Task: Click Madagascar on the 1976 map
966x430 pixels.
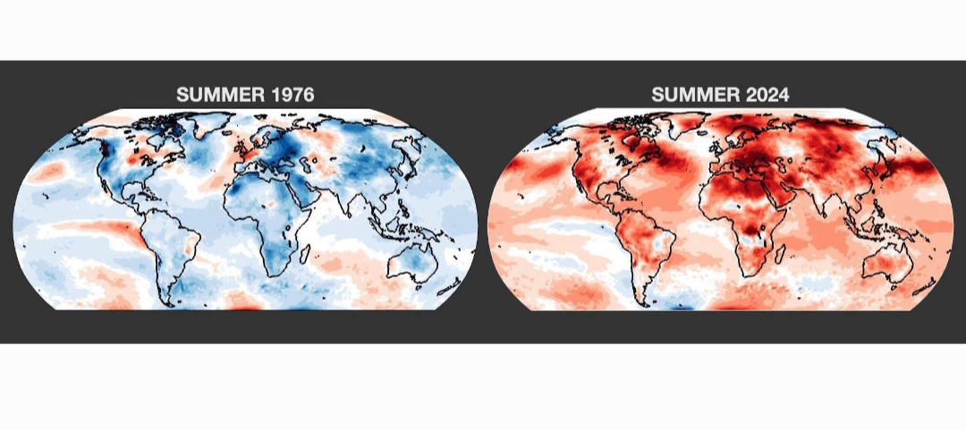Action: click(x=304, y=253)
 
